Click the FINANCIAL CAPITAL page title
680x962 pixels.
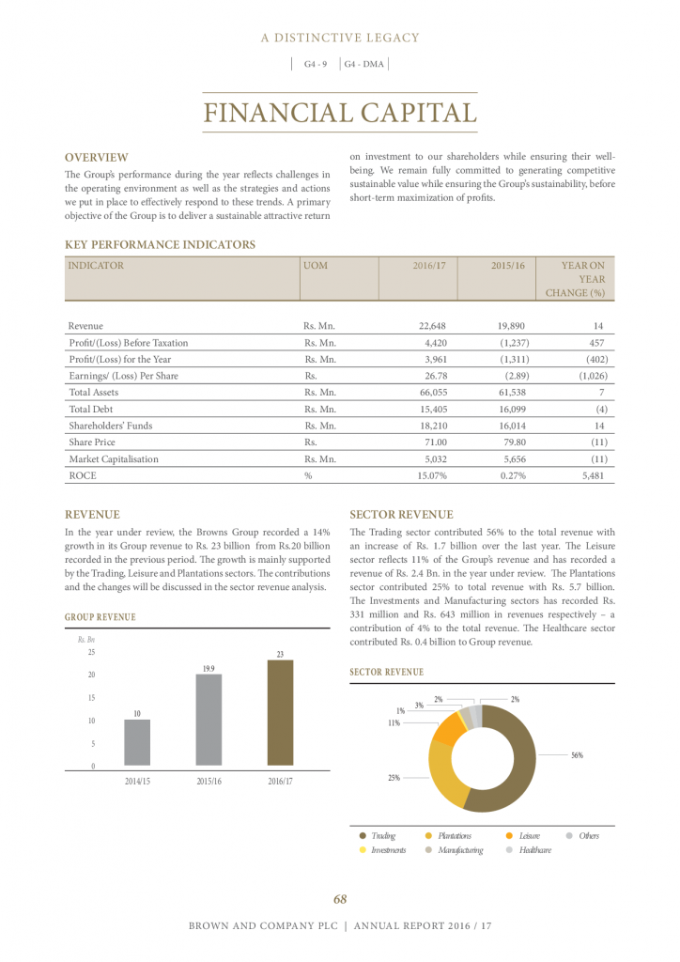click(340, 113)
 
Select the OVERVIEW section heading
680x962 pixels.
click(96, 158)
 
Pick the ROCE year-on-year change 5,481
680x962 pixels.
click(588, 476)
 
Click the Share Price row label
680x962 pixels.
click(93, 442)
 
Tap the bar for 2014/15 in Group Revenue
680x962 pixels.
click(137, 743)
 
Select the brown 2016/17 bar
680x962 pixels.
click(280, 713)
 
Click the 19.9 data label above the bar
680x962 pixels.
click(209, 668)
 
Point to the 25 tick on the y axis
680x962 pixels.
click(90, 652)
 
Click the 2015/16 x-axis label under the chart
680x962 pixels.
click(209, 782)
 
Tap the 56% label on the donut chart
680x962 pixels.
click(577, 755)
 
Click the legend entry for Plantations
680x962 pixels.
click(454, 835)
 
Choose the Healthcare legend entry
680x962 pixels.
click(533, 850)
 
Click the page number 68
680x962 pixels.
click(340, 899)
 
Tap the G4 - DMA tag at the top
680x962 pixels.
click(364, 64)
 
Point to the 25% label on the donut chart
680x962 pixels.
click(394, 778)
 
